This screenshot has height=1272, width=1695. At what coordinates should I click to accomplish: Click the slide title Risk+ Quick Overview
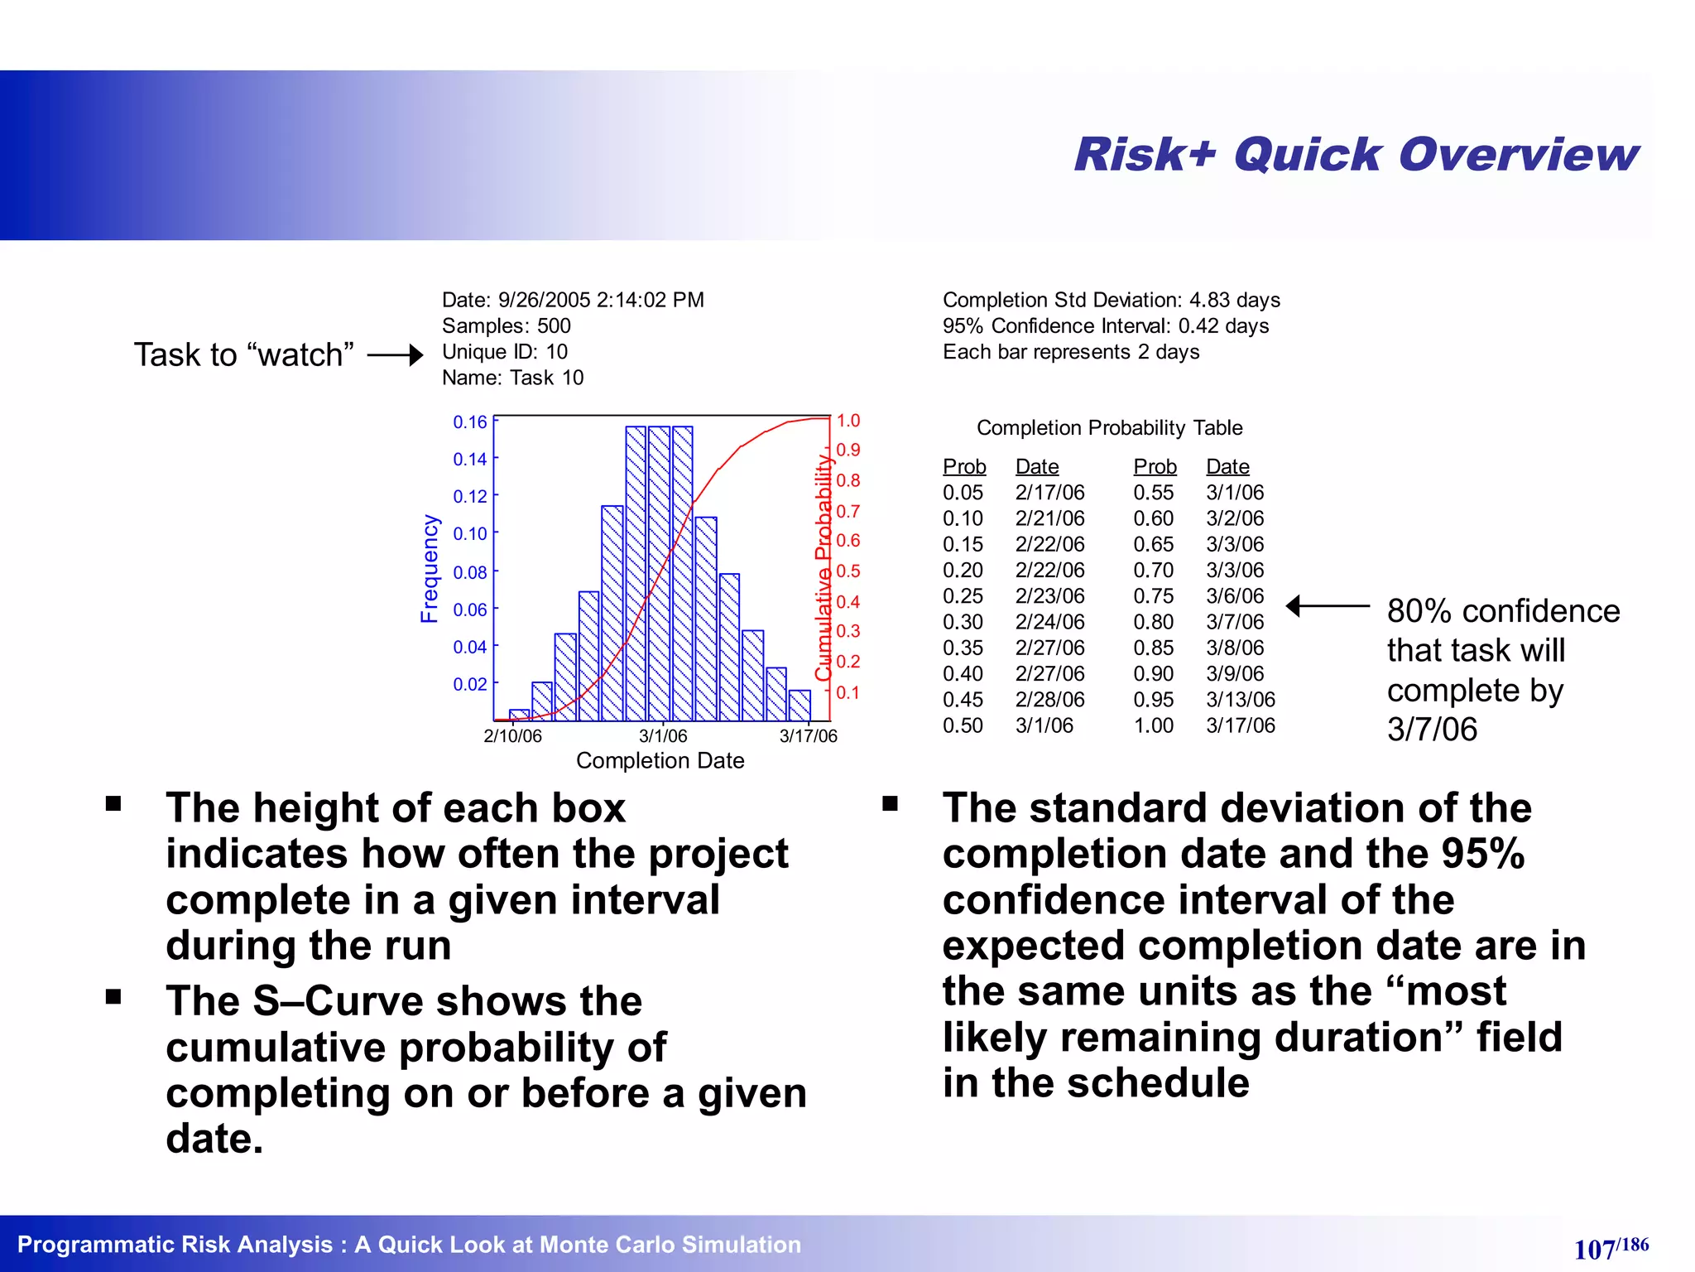[x=1355, y=155]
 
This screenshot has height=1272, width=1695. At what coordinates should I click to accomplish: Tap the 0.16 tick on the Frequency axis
[x=469, y=422]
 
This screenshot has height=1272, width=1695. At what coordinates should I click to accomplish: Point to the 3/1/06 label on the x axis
[x=663, y=736]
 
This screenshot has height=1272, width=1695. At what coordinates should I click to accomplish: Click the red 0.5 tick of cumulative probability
[x=847, y=571]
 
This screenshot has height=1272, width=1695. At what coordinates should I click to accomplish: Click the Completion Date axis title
[x=660, y=760]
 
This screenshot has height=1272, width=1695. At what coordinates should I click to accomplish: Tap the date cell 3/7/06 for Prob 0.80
[x=1235, y=622]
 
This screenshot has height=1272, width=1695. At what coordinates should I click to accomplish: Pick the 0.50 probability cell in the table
[x=963, y=725]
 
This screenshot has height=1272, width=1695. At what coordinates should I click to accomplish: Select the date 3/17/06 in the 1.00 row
[x=1240, y=725]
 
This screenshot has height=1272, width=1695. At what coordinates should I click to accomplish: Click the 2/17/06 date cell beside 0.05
[x=1049, y=493]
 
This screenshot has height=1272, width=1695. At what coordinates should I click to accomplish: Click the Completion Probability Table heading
[x=1109, y=428]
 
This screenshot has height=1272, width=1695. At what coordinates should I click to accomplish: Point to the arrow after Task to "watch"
[x=396, y=355]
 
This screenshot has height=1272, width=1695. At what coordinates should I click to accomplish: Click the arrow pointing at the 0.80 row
[x=1327, y=607]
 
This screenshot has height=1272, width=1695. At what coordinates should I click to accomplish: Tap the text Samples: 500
[x=506, y=326]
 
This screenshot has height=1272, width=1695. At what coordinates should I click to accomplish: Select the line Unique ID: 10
[x=504, y=352]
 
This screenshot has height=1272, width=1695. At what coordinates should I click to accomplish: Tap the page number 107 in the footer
[x=1594, y=1249]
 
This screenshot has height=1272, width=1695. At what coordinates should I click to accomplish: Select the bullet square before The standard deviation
[x=890, y=803]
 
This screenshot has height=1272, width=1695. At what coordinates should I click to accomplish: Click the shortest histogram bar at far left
[x=519, y=715]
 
